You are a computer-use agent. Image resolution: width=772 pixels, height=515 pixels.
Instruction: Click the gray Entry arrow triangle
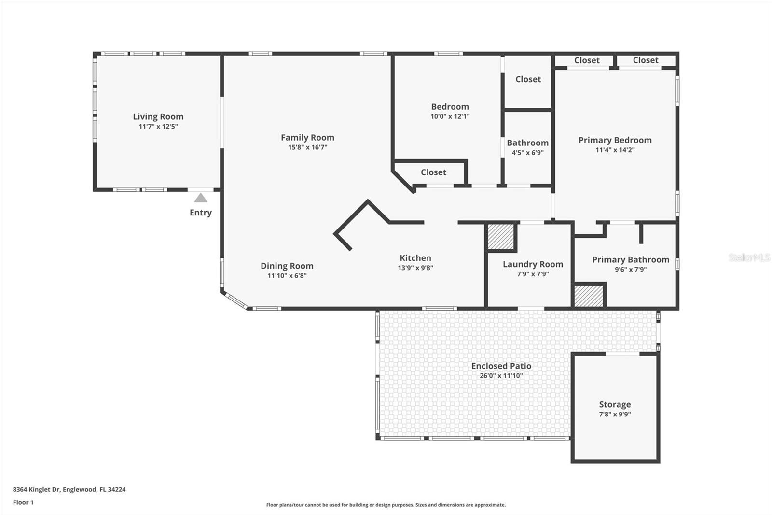pos(201,198)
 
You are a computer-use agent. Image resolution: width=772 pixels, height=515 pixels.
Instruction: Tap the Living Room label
pos(158,116)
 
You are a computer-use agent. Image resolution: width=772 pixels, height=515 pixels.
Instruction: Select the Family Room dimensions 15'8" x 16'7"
pos(307,147)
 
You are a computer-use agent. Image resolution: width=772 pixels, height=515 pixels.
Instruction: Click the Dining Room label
pos(287,266)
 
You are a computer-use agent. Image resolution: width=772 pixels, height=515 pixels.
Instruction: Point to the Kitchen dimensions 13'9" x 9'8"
pos(415,268)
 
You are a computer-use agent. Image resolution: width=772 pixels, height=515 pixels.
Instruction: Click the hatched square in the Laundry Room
pos(500,237)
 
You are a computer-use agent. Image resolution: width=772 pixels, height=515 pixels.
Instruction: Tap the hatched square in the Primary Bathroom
pos(589,296)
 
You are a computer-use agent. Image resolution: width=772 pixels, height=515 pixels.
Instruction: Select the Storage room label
pos(615,404)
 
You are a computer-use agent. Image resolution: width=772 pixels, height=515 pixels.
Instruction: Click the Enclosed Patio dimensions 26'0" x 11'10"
pos(501,376)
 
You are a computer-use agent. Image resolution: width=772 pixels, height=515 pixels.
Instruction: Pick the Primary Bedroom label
pos(615,140)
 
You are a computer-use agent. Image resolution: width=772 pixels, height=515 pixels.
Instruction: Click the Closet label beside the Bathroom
pos(528,79)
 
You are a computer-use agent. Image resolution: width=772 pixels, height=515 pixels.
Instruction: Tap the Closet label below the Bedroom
pos(433,172)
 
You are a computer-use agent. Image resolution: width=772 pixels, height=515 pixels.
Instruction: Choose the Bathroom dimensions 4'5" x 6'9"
pos(527,153)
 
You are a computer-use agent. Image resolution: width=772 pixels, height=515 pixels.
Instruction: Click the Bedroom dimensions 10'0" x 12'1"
pos(450,116)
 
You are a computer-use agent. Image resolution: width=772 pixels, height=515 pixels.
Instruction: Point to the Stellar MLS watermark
pos(749,257)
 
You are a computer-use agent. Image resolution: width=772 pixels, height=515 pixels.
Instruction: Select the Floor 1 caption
pos(23,502)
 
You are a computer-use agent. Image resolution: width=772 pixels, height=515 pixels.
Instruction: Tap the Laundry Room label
pos(533,264)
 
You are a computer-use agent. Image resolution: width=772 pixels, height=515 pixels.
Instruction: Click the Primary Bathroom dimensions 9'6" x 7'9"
pos(630,270)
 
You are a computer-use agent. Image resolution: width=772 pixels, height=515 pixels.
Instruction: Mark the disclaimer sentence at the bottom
pos(386,505)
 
